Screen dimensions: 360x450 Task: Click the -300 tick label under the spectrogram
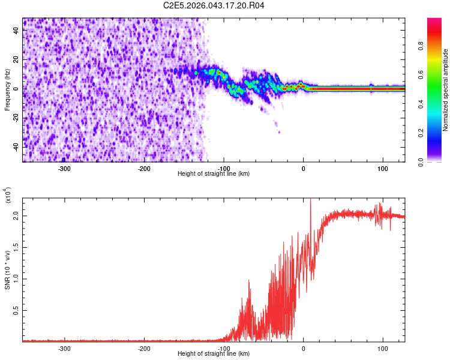click(x=65, y=168)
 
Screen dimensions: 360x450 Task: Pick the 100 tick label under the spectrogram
click(x=382, y=168)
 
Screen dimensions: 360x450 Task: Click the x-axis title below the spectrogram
click(x=214, y=173)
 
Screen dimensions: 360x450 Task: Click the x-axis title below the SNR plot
click(x=214, y=353)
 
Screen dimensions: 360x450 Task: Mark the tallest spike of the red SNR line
click(x=310, y=200)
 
